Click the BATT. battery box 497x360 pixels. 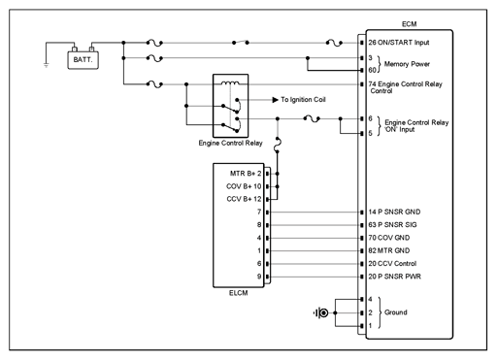pos(83,60)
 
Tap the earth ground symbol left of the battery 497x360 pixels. pos(46,65)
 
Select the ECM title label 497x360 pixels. pos(409,24)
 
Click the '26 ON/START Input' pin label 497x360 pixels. pos(399,43)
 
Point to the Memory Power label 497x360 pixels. pos(407,64)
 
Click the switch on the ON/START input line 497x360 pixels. pos(241,42)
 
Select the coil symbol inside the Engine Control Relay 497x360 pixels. pos(230,83)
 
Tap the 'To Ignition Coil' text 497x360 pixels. pos(303,100)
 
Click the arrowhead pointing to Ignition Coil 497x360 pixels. pos(275,100)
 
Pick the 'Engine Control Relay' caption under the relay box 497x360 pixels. pos(230,143)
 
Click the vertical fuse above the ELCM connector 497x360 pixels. pos(278,145)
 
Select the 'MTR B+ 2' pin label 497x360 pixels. pos(246,174)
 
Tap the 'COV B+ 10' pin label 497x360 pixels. pos(244,186)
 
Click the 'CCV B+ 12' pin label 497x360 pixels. pos(244,199)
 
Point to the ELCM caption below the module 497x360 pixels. pos(239,293)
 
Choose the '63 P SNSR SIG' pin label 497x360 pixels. pos(392,225)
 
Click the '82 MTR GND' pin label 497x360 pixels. pos(389,250)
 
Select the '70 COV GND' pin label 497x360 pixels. pos(389,238)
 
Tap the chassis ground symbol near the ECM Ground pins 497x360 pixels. pos(321,312)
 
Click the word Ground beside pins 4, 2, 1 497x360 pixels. pos(396,312)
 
